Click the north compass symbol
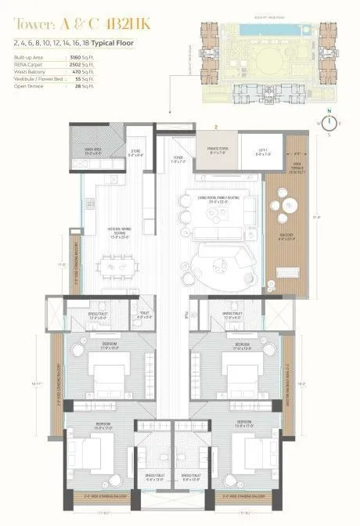(x=330, y=123)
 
